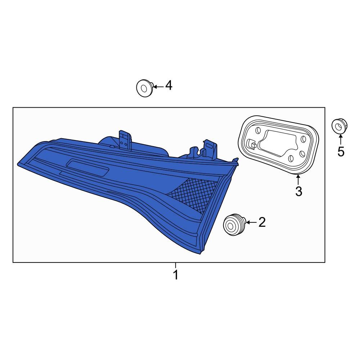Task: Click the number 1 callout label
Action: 175,275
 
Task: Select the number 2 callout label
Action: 262,222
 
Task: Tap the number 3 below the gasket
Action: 298,192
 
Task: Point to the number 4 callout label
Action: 168,86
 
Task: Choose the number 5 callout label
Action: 341,152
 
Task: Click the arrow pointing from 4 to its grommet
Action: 159,86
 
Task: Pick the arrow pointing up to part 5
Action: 341,139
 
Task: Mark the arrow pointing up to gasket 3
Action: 298,179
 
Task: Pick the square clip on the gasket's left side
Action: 253,145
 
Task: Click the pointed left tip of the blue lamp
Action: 19,164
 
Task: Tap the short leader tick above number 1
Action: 175,265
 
